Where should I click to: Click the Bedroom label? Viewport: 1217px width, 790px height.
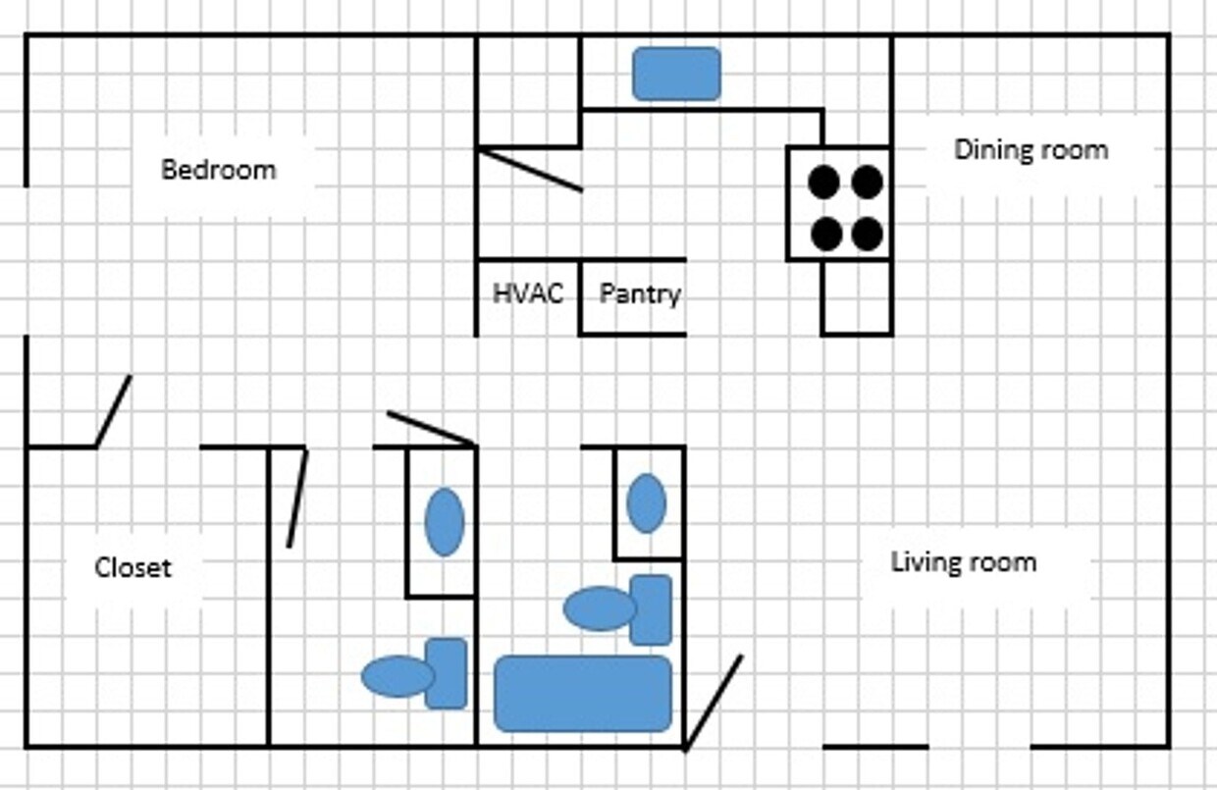[218, 170]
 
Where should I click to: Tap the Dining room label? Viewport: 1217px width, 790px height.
[1031, 150]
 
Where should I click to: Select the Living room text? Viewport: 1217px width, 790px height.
[963, 562]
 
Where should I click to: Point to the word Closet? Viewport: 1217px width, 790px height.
[132, 567]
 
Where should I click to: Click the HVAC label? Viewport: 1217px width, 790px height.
[528, 293]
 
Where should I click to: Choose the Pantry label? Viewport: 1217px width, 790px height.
[640, 293]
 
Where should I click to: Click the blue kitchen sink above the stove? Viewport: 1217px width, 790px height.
[676, 74]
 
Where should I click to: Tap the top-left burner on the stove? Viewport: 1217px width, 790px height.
[823, 182]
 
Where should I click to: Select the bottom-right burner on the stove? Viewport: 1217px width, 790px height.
[867, 234]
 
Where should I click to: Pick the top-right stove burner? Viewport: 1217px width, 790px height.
[867, 182]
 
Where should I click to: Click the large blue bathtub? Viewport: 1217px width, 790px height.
[583, 694]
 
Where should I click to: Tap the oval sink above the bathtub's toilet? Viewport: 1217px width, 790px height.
[646, 503]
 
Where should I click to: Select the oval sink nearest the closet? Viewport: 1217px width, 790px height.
[444, 522]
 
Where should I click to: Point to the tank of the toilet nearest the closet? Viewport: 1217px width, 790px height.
[446, 673]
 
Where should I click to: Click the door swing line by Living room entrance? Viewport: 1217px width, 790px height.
[713, 703]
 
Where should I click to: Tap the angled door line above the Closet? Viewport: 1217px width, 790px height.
[113, 411]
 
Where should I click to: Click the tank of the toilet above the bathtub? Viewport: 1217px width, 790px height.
[650, 609]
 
